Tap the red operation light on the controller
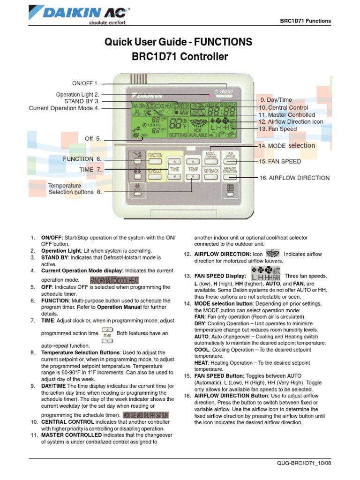tap(210, 94)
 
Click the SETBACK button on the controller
tap(211, 171)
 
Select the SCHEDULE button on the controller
tap(155, 172)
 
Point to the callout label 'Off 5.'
tap(93, 139)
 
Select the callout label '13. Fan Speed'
tap(277, 129)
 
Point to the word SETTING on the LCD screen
tap(178, 135)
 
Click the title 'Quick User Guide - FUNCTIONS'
tap(180, 43)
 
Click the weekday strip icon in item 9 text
tap(146, 415)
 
